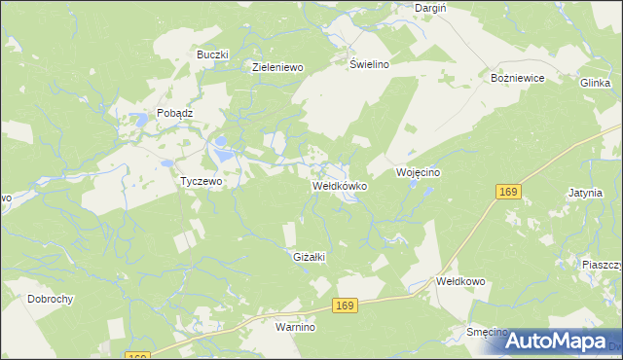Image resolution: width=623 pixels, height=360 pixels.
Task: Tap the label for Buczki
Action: [x=211, y=54]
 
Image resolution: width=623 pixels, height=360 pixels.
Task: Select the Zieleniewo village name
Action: [x=278, y=67]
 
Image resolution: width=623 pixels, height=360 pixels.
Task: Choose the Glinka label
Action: [x=595, y=84]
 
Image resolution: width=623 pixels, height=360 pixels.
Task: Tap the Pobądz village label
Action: [x=175, y=113]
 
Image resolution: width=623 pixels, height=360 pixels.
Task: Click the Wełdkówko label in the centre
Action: [x=339, y=185]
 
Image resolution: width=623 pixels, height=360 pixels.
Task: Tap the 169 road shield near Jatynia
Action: [x=506, y=193]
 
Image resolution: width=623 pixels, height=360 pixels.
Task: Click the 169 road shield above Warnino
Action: [x=344, y=306]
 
